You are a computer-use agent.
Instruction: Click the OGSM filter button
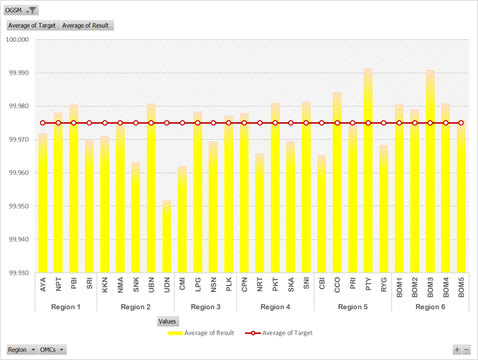(x=22, y=10)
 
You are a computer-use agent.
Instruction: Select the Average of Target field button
(x=32, y=26)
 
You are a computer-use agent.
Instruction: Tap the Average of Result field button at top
(x=87, y=26)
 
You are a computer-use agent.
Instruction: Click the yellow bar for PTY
(x=368, y=175)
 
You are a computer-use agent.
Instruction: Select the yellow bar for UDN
(x=167, y=239)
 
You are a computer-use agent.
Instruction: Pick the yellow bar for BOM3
(x=430, y=175)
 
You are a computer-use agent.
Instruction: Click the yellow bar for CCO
(x=337, y=186)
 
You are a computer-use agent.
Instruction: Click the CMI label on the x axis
(x=182, y=285)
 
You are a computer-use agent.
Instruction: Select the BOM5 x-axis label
(x=461, y=288)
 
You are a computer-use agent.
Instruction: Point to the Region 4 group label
(x=275, y=306)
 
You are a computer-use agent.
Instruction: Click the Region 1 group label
(x=66, y=306)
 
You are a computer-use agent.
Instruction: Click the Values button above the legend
(x=168, y=321)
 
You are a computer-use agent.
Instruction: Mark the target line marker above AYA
(x=43, y=123)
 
